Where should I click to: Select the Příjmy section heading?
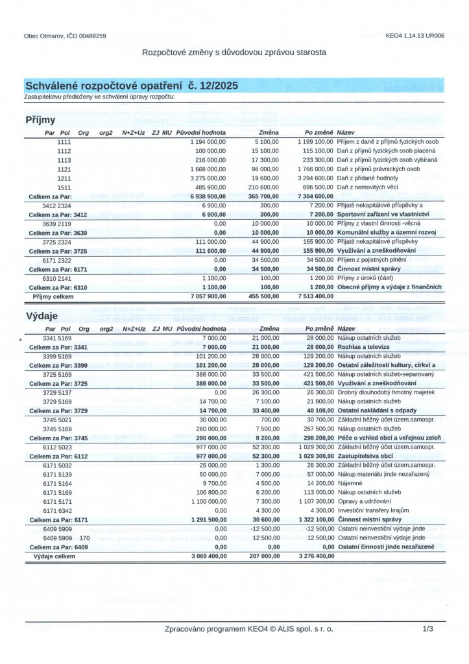(40, 121)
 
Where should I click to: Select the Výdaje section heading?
(42, 316)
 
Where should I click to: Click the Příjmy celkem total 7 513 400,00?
(315, 296)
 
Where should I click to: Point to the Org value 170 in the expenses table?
(84, 538)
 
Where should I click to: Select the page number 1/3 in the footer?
(427, 629)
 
